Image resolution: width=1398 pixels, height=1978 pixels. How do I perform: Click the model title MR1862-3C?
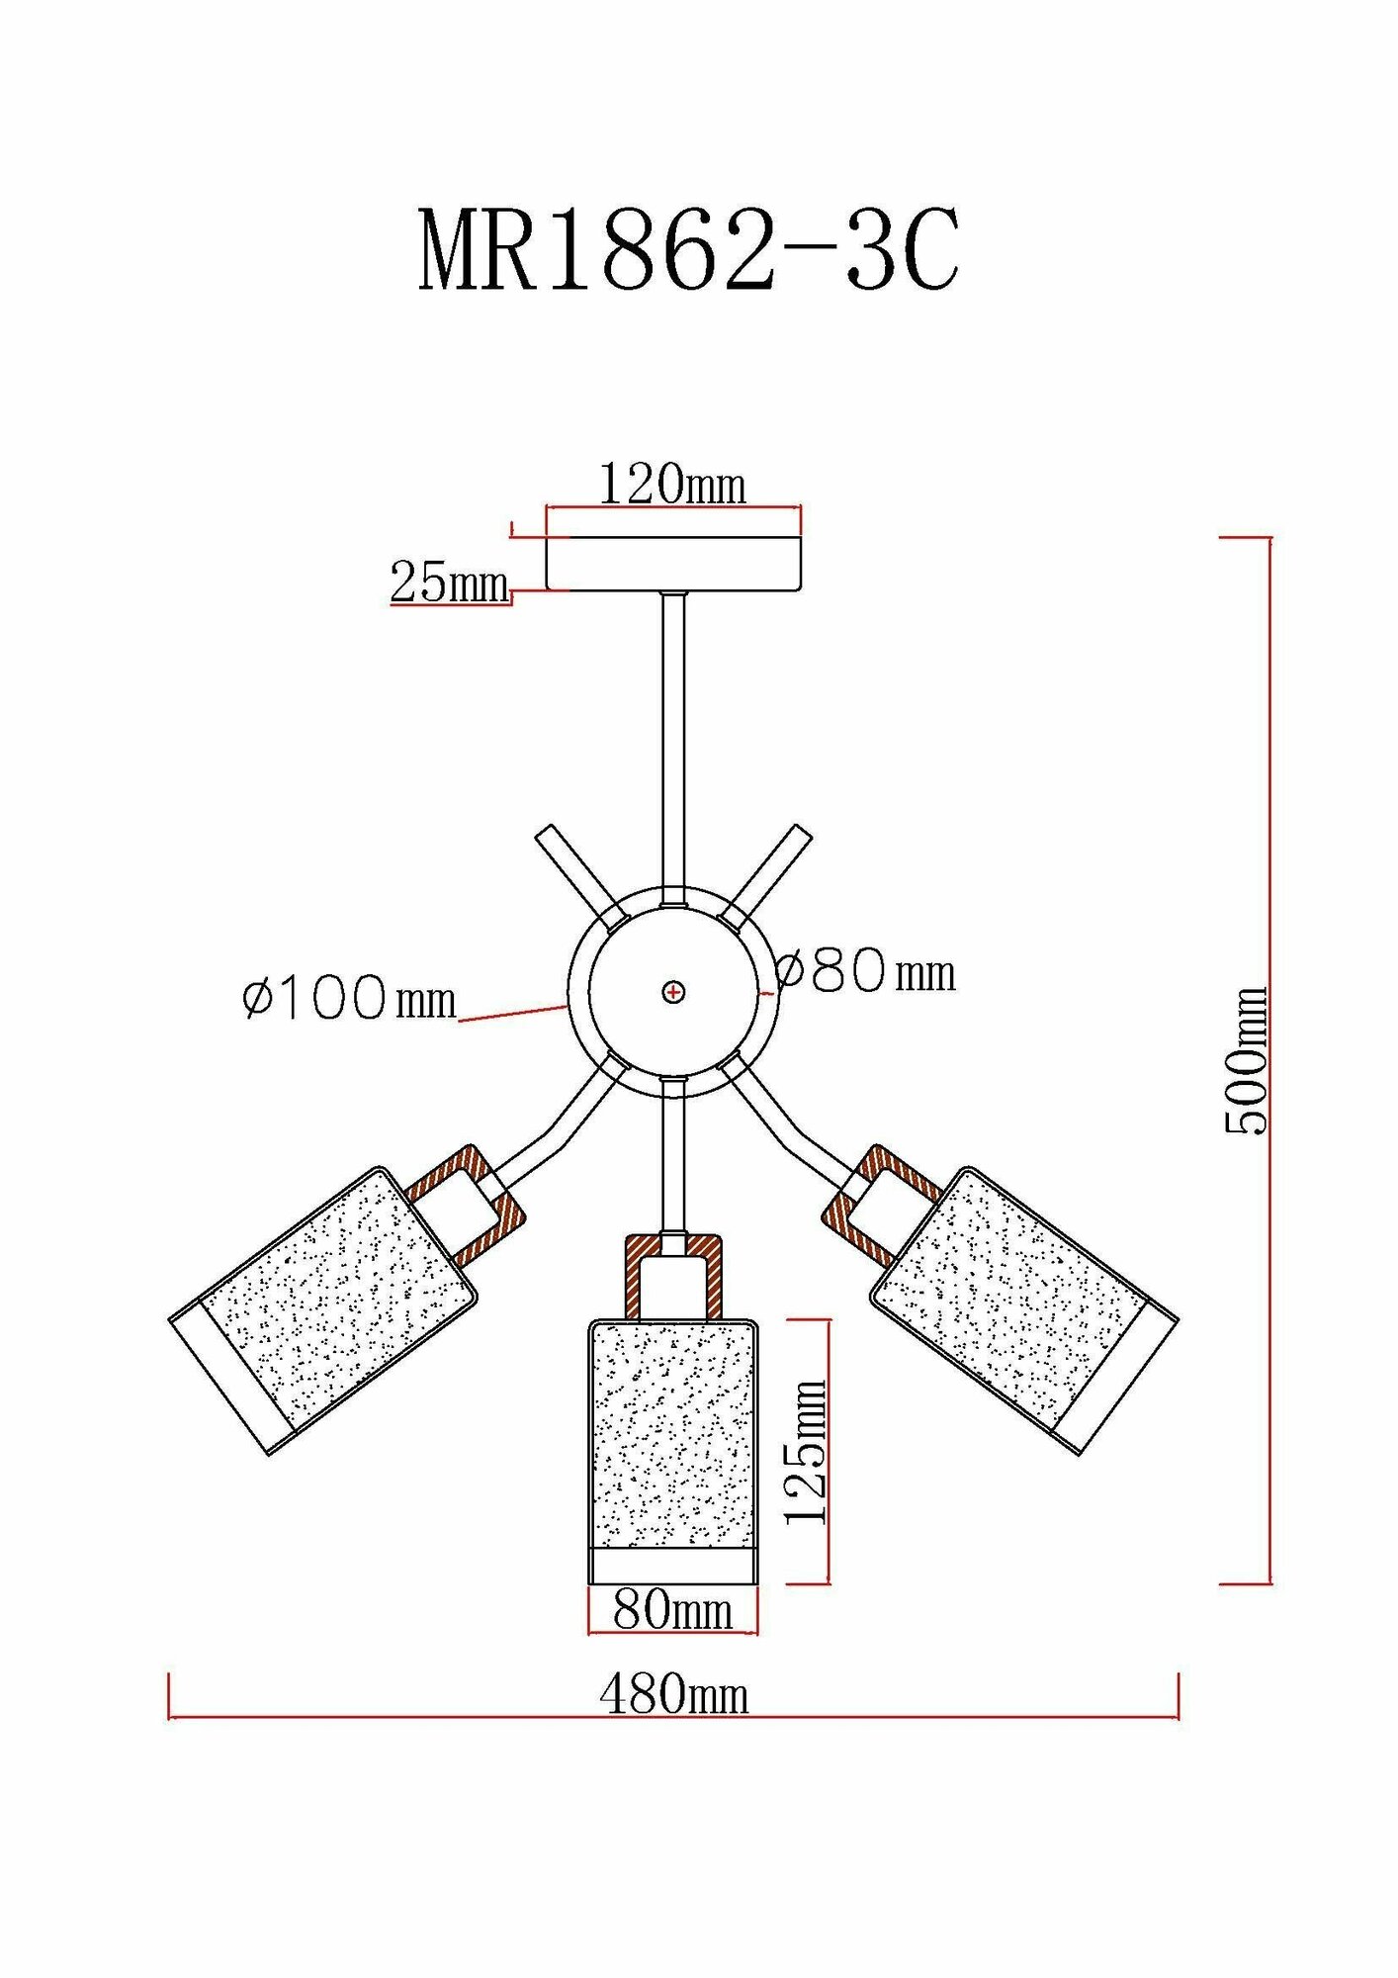tap(689, 250)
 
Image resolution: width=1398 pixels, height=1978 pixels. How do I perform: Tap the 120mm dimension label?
tap(672, 484)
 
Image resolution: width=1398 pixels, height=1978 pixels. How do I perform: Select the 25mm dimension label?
tap(450, 582)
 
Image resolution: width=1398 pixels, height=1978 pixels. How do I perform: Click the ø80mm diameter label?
tap(866, 971)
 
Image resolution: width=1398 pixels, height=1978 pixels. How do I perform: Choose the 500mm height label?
tap(1246, 1060)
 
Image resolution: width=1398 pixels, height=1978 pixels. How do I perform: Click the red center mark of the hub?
tap(673, 991)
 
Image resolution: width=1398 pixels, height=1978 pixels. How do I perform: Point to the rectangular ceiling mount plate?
tap(674, 564)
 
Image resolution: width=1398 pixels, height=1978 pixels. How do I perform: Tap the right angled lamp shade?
tap(1024, 1309)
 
